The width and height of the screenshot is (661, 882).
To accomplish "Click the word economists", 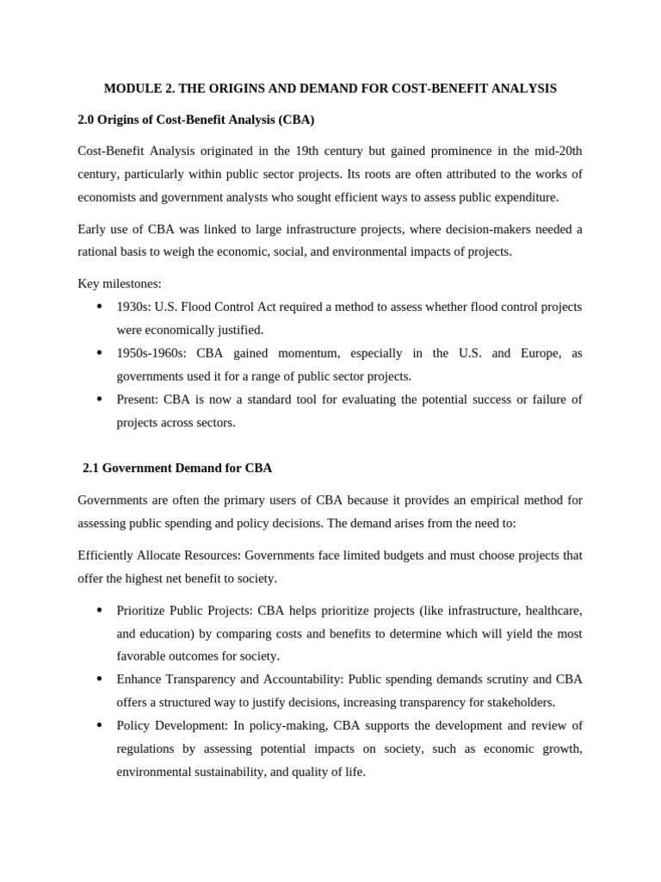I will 107,197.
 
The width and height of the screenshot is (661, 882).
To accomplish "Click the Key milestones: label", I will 119,283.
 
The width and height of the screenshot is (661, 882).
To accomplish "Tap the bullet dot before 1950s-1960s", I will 99,353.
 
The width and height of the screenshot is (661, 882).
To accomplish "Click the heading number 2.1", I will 91,469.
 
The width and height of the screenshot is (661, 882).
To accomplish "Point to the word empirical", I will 460,500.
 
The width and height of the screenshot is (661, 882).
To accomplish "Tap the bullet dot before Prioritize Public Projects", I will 99,611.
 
